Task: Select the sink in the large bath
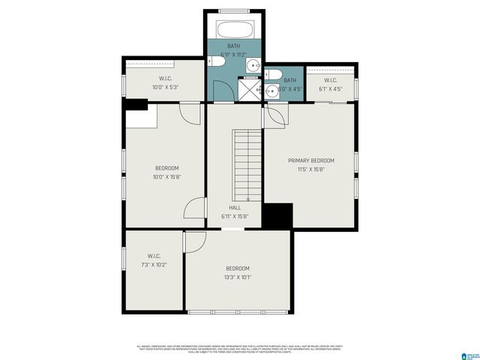coord(253,64)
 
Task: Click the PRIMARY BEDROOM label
coord(311,160)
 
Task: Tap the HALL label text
coord(235,208)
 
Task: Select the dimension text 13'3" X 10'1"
coord(238,277)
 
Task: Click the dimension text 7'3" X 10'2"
coord(154,264)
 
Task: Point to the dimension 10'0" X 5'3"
coord(166,87)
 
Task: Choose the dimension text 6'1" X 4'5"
coord(331,88)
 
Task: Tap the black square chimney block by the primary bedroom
coord(277,216)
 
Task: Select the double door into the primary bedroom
coord(273,116)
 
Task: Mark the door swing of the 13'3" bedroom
coord(194,241)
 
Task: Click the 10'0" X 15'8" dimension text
coord(166,176)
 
